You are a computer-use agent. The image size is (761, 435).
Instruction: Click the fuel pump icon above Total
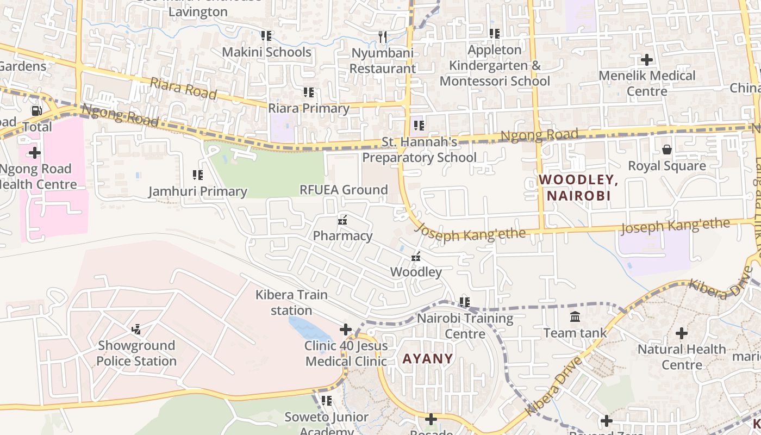point(36,111)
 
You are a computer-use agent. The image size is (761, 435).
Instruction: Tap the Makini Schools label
point(266,52)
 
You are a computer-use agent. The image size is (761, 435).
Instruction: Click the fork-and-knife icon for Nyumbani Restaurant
point(383,37)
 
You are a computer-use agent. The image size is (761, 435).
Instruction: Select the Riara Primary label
point(309,108)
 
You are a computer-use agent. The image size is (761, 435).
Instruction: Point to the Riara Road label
point(183,88)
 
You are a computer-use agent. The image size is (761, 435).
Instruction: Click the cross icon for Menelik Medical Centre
point(647,59)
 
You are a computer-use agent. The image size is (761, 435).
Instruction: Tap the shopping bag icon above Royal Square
point(667,150)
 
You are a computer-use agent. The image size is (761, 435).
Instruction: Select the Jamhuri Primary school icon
point(198,175)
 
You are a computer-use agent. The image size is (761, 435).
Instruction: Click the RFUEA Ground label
point(344,190)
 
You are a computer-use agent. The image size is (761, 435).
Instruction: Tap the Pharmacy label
point(342,236)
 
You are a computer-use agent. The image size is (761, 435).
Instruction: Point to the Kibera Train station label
point(291,302)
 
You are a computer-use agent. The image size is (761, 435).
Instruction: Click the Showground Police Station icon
point(136,329)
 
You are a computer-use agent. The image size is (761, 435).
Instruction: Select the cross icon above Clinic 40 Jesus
point(346,330)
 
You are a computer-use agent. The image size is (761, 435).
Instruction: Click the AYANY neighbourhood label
point(428,358)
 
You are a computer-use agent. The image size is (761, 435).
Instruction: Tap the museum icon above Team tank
point(575,316)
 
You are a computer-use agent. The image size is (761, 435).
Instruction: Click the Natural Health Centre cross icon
point(682,333)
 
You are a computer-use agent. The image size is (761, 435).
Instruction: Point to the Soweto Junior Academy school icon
point(327,401)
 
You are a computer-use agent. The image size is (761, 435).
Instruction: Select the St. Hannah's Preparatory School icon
point(419,126)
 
